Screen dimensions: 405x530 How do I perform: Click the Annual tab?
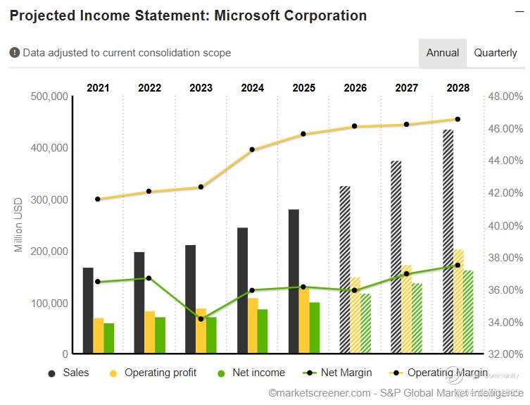click(442, 53)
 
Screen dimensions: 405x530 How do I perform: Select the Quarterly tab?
click(495, 53)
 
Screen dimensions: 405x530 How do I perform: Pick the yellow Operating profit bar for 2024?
click(253, 325)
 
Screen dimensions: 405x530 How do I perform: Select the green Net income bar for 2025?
click(315, 328)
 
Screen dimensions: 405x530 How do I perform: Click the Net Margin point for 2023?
click(201, 319)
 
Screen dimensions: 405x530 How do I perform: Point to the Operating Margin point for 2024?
click(252, 149)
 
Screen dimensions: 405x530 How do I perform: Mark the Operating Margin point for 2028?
click(458, 119)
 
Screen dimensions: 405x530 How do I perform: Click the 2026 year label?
click(355, 88)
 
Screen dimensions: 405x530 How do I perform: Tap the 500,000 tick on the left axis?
click(49, 96)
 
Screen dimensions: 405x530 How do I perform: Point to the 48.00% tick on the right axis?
click(505, 96)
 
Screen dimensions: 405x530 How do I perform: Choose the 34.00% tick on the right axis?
click(505, 322)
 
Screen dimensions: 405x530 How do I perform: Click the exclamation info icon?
click(15, 53)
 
